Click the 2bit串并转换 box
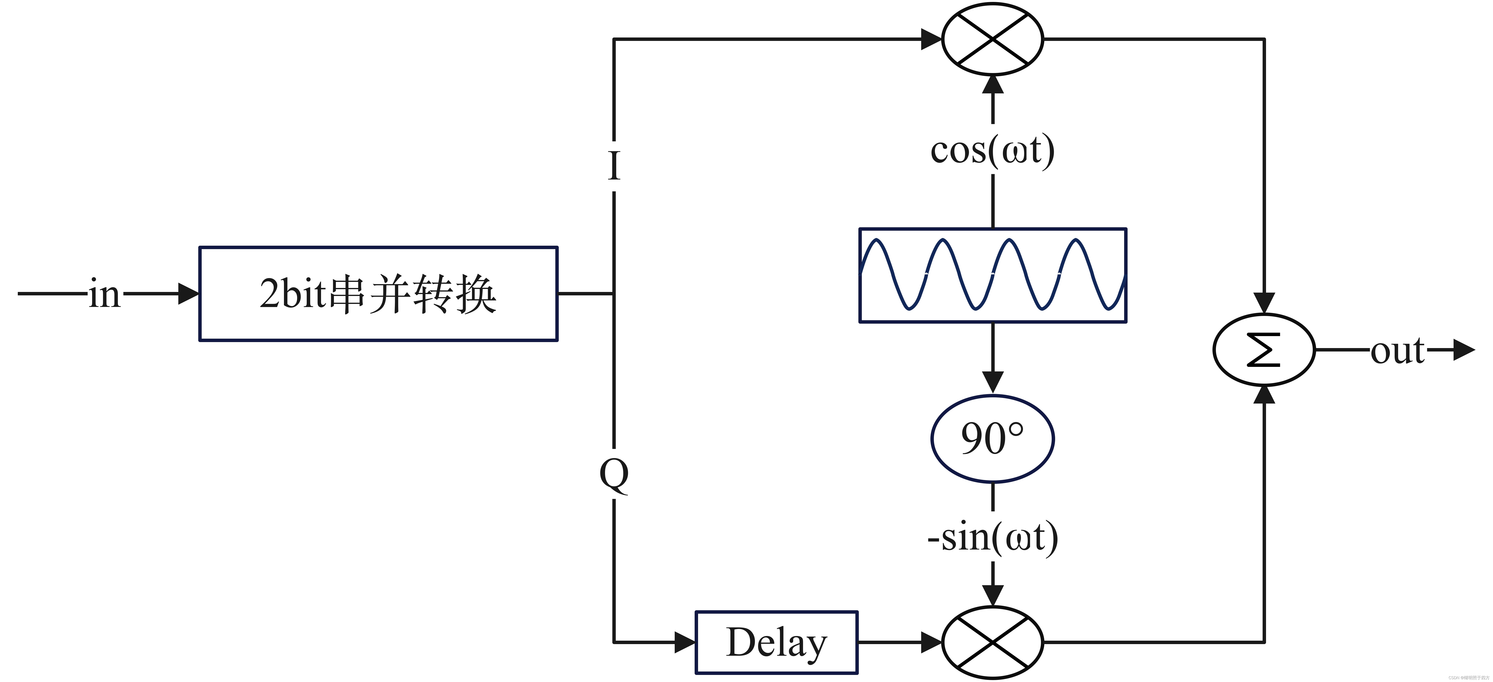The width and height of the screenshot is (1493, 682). coord(378,294)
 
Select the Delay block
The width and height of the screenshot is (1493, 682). coord(776,642)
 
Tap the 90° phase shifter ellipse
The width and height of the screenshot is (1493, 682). coord(992,439)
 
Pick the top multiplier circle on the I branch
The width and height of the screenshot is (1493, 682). coord(992,39)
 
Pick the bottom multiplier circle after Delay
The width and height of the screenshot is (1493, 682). coord(992,642)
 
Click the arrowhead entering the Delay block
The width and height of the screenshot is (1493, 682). coord(685,642)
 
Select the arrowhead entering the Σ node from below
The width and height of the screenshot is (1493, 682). coord(1263,395)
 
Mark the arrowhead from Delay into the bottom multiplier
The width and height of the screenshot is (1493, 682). coord(931,642)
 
